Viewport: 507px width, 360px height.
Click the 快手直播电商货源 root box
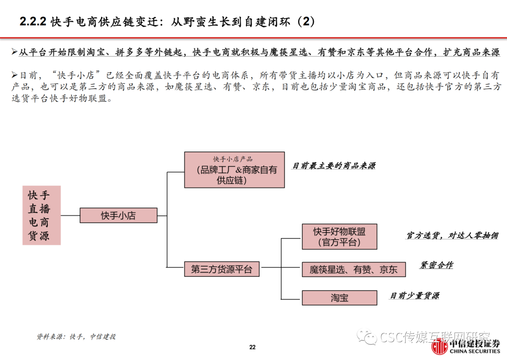[42, 215]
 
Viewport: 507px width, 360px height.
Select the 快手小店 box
[118, 215]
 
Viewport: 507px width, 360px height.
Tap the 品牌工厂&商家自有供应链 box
[234, 170]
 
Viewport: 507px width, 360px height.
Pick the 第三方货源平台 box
[221, 269]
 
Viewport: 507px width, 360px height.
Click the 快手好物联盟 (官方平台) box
[339, 237]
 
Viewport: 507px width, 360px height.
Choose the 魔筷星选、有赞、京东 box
[353, 269]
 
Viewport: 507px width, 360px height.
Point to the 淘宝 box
[339, 298]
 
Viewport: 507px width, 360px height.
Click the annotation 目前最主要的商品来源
[333, 166]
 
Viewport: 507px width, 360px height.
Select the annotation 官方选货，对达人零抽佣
[452, 236]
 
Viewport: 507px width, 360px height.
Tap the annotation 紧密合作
[436, 266]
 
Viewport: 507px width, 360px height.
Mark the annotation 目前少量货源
[415, 296]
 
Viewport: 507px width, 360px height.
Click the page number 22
[253, 347]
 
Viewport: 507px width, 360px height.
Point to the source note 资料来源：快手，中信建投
[76, 337]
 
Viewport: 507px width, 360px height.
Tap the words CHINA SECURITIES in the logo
[474, 351]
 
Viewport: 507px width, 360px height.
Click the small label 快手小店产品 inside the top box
[233, 159]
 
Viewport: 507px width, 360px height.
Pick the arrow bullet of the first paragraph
[15, 52]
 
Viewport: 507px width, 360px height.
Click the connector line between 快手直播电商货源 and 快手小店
[70, 215]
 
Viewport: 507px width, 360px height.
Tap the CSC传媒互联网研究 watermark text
[434, 337]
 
